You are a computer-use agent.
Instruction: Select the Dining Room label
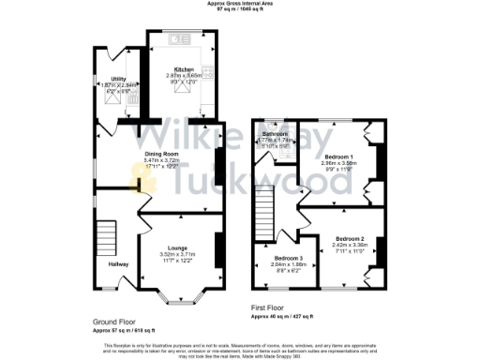click(x=161, y=153)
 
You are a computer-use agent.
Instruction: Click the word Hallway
click(x=118, y=265)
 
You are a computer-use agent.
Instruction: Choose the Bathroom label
click(x=276, y=134)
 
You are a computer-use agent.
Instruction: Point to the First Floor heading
click(x=267, y=307)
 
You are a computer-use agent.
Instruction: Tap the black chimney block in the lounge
click(x=218, y=247)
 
